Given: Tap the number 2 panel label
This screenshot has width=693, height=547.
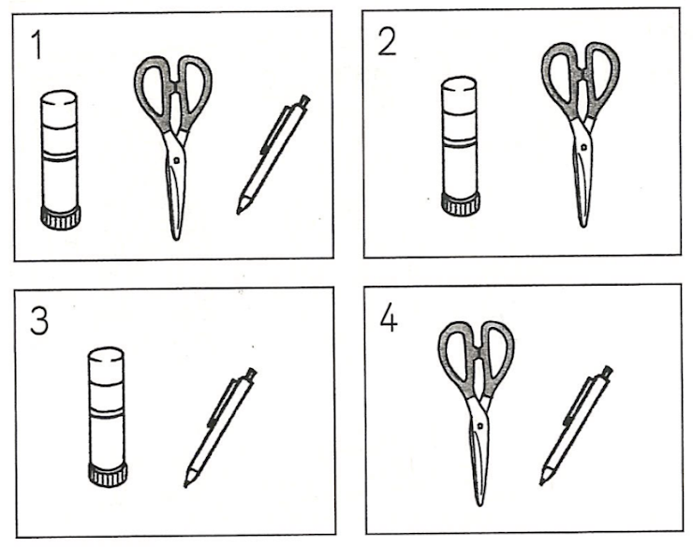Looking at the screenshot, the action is point(387,43).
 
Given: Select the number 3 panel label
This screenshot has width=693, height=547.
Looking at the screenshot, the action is point(39,320).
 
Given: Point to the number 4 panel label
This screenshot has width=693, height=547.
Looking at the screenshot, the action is point(389,319).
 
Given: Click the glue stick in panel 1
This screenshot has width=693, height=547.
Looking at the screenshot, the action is point(60,159).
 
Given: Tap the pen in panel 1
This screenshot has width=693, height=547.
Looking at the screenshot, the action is point(273,155).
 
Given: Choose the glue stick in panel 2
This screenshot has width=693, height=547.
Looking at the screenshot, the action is point(460,146).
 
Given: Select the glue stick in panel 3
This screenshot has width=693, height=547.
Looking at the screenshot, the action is point(108,417).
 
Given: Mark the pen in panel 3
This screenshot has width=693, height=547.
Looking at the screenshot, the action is point(220,427).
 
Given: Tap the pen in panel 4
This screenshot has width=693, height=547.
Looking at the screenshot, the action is point(576,425).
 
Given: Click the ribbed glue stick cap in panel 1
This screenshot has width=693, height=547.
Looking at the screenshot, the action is point(61,217).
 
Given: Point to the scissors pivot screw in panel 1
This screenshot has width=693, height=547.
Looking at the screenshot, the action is point(176,160).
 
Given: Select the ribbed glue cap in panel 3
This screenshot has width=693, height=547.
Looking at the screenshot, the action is point(108,476).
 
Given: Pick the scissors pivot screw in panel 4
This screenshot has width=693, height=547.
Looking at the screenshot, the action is point(480,426).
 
